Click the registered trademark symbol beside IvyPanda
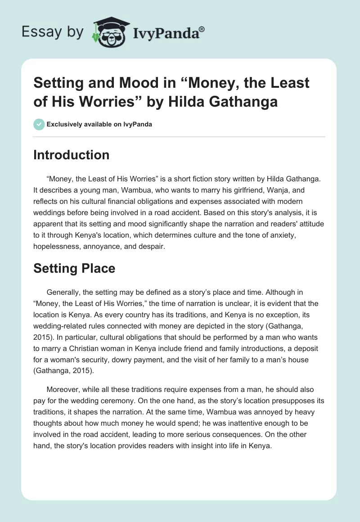[202, 29]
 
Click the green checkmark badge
[39, 124]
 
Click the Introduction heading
[72, 155]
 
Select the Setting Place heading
[74, 269]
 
